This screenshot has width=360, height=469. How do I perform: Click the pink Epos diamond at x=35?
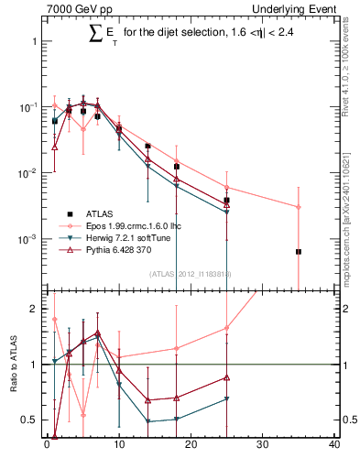299,207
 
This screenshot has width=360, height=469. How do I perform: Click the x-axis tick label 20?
191,446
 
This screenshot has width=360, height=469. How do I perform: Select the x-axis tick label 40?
334,446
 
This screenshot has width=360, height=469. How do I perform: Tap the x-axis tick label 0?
47,446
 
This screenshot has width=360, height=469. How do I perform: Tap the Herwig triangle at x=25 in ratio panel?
226,398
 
